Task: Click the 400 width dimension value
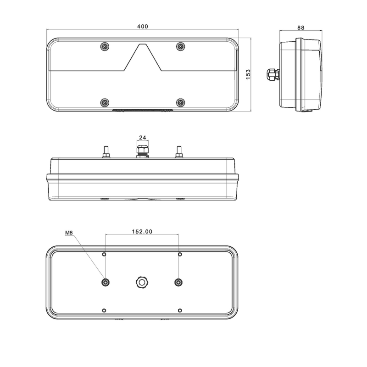coord(143,27)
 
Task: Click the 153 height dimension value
coord(248,74)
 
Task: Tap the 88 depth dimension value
coord(301,28)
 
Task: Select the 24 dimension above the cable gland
coord(143,137)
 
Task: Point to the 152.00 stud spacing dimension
coord(142,232)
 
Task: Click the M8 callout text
coord(69,233)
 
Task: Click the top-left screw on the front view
coord(105,47)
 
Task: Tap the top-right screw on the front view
coord(180,47)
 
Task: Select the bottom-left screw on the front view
coord(105,102)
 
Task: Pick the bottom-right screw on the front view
coord(180,102)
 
